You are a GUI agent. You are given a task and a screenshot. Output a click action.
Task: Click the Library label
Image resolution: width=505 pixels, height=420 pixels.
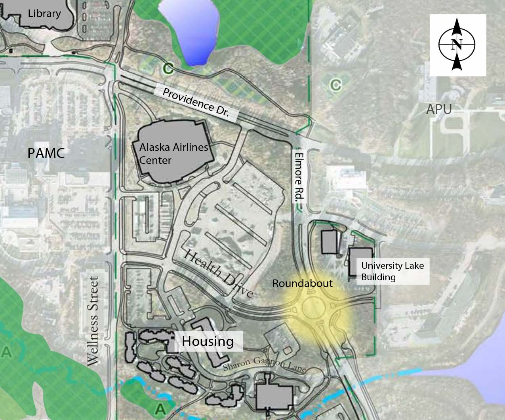coord(44,13)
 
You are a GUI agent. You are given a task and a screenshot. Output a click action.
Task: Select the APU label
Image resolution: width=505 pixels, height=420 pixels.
coord(439,109)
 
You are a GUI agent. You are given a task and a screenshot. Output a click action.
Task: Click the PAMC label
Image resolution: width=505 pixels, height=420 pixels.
coord(46,153)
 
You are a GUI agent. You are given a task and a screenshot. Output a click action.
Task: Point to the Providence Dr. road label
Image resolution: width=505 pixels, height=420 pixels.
coord(196,103)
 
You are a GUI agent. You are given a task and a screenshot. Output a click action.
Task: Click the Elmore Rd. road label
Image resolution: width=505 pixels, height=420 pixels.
coord(299,177)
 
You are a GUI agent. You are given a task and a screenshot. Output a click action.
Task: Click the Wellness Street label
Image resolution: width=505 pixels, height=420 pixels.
coord(93,321)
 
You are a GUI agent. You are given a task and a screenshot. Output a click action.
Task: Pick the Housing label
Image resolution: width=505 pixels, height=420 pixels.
coord(208,341)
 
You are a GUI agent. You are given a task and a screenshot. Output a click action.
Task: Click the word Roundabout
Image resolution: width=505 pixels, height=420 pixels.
coord(302,283)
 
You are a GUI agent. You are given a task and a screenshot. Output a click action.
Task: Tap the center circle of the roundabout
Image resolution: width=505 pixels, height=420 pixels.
coord(316,310)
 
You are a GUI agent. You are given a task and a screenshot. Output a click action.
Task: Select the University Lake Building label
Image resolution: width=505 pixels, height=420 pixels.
coord(392,271)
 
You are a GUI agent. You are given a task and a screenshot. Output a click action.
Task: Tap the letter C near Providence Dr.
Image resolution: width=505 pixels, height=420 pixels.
coord(168,68)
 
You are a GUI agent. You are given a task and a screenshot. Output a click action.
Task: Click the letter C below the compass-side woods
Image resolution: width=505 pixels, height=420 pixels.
coord(335,84)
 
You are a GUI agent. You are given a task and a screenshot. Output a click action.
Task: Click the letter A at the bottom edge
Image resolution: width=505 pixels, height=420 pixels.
coord(160,408)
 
